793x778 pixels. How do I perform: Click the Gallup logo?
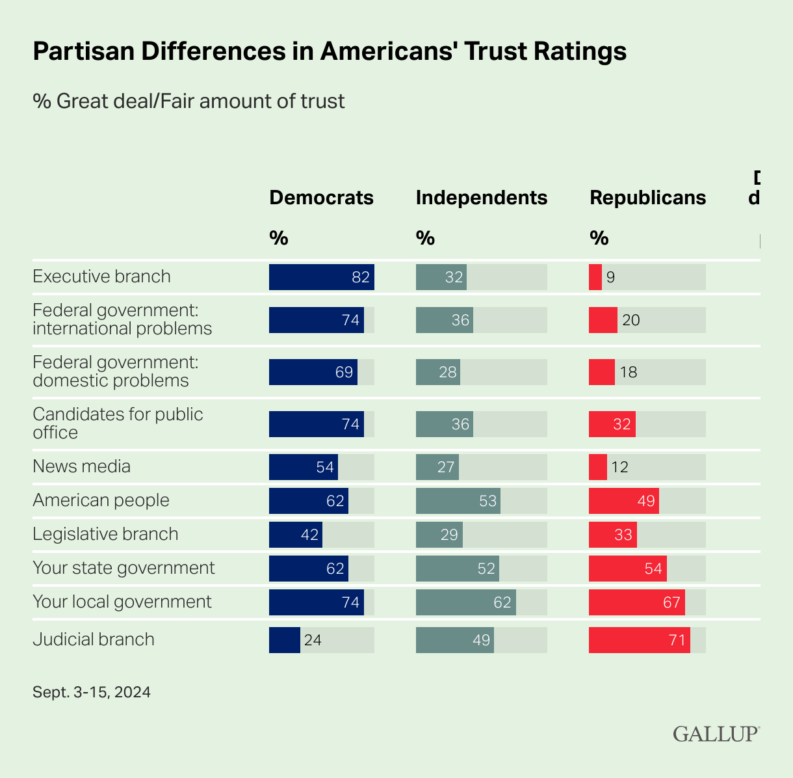tap(716, 733)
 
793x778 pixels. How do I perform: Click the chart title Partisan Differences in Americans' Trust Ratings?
tap(330, 51)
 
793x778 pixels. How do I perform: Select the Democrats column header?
tap(321, 198)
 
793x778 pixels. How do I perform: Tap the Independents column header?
tap(481, 198)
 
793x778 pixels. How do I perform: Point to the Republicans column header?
tap(647, 198)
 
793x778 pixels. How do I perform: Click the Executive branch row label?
tap(101, 276)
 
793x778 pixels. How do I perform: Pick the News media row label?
tap(81, 466)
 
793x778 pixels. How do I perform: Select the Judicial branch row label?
tap(94, 639)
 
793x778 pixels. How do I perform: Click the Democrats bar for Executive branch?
tap(321, 277)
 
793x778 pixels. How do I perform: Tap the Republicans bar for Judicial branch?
tap(639, 640)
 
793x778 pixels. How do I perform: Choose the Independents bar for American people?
tap(458, 501)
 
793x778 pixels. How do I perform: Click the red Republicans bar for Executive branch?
tap(595, 277)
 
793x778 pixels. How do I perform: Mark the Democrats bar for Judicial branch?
tap(285, 640)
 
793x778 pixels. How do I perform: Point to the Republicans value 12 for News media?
tap(619, 467)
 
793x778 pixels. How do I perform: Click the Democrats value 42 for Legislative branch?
tap(310, 535)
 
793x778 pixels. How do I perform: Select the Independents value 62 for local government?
tap(502, 602)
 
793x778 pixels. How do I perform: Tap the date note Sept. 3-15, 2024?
tap(92, 692)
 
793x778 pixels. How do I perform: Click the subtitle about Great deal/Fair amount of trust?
tap(188, 101)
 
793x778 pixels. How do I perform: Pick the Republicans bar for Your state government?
tap(627, 569)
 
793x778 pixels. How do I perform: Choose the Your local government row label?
tap(122, 602)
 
